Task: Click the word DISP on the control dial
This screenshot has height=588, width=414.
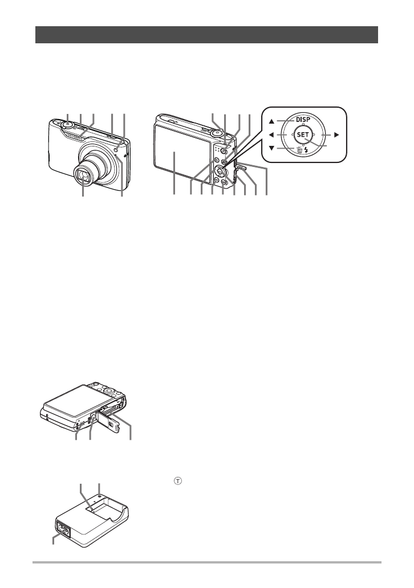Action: pos(302,120)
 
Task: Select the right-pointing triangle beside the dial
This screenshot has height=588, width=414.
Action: pos(336,136)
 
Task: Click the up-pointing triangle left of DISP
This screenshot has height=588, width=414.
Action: pos(273,121)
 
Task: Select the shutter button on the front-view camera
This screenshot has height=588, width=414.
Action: pos(67,124)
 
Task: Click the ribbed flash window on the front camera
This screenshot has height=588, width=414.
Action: pos(76,134)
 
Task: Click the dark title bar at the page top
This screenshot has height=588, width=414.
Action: pos(207,34)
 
